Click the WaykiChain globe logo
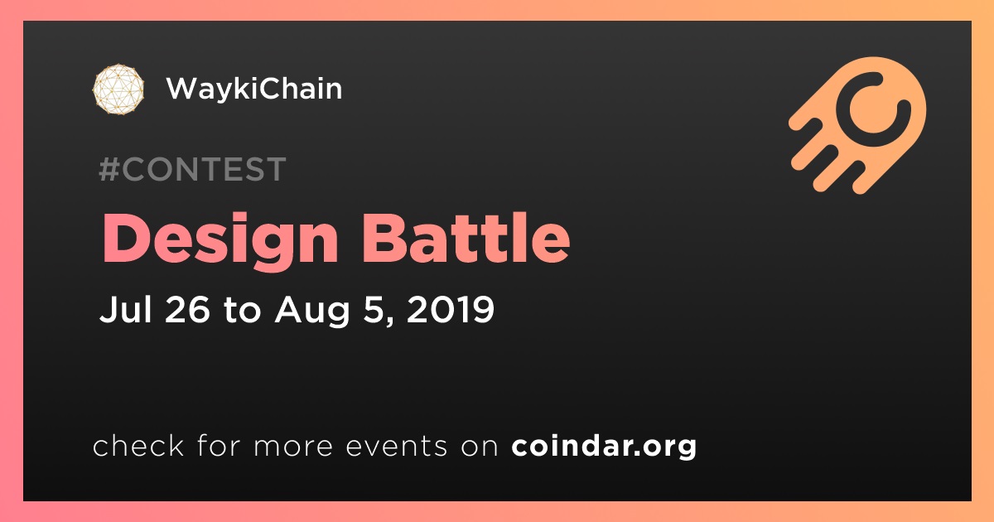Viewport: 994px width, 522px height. click(118, 89)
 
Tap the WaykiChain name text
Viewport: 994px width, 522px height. click(254, 89)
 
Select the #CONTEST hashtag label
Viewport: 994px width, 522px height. click(192, 169)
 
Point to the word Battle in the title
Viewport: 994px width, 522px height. click(466, 239)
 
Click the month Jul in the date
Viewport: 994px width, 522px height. click(126, 309)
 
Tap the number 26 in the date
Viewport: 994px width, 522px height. click(187, 309)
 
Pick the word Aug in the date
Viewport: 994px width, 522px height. click(312, 312)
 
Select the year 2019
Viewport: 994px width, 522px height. click(450, 309)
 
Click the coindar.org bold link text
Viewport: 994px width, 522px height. click(604, 447)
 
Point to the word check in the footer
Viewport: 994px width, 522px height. click(138, 445)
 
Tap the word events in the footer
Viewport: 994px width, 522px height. click(397, 447)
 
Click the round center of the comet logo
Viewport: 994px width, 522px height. click(871, 109)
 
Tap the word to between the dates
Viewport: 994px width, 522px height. click(242, 310)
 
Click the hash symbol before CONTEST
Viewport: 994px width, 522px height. click(109, 169)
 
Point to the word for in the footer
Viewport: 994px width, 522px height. click(219, 445)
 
